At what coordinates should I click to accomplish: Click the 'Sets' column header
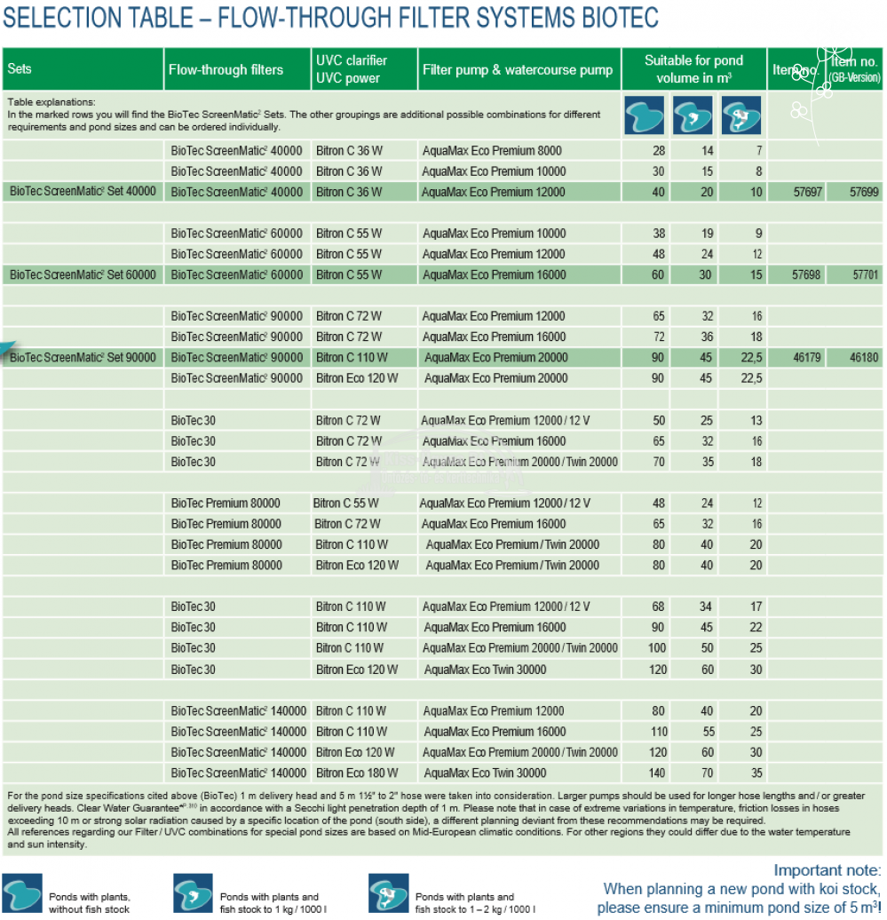tap(20, 69)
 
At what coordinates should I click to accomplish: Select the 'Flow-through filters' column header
tap(226, 69)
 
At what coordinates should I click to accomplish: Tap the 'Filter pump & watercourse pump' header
tap(518, 69)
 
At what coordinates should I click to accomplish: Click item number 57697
tap(806, 192)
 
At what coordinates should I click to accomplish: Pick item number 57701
tap(865, 275)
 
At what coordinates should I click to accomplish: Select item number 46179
tap(806, 358)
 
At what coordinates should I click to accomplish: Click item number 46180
tap(864, 358)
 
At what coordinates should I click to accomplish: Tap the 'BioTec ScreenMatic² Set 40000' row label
tap(83, 192)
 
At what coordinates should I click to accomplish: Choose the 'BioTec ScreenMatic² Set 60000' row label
tap(83, 275)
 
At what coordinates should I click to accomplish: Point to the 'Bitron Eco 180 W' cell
tap(357, 773)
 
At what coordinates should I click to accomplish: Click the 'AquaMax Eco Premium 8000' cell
tap(492, 151)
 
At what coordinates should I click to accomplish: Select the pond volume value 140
tap(657, 773)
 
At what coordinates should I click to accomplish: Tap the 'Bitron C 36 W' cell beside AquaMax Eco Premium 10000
tap(349, 171)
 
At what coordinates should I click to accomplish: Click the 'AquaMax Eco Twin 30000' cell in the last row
tap(485, 773)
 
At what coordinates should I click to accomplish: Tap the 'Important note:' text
tap(828, 870)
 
